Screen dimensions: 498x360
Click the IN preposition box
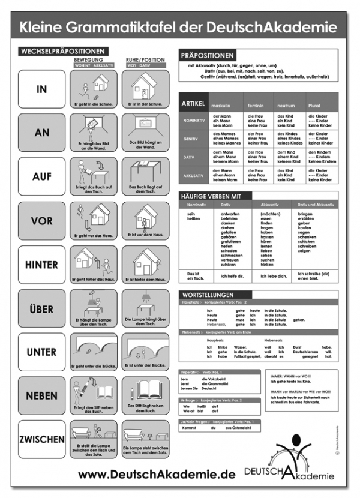(41, 89)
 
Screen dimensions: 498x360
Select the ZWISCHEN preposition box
(41, 439)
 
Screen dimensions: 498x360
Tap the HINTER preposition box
(41, 265)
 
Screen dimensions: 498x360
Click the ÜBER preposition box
(41, 308)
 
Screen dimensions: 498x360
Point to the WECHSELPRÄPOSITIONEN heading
(62, 52)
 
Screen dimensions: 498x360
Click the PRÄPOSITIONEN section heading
(208, 55)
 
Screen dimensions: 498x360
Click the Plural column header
(314, 106)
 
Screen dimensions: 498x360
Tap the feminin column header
(255, 106)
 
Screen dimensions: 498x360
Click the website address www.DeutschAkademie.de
(157, 475)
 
